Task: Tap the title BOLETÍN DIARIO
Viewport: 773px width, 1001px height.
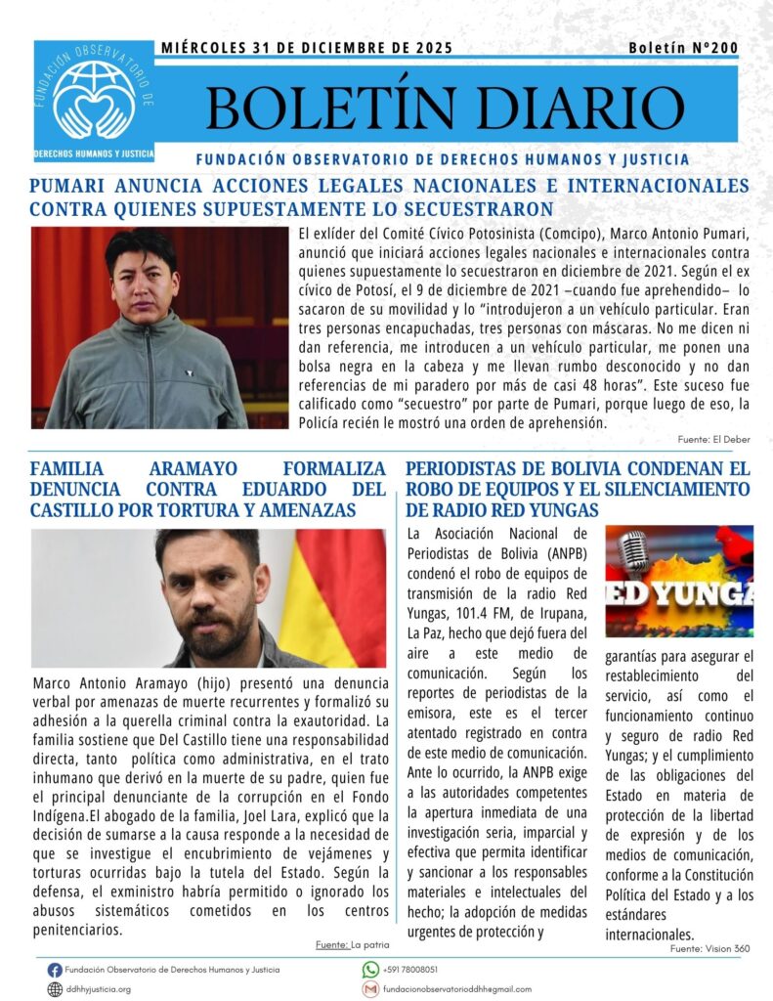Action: (x=445, y=108)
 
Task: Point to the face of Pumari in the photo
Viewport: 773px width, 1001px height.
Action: (x=143, y=278)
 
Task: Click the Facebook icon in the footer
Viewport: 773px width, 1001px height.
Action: (x=55, y=970)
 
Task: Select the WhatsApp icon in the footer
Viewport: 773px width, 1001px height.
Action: (x=370, y=970)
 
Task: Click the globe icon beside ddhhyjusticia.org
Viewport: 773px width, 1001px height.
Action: (x=55, y=989)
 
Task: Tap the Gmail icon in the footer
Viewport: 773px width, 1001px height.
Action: (x=370, y=989)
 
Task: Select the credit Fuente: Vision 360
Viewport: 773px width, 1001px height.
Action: (x=710, y=948)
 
